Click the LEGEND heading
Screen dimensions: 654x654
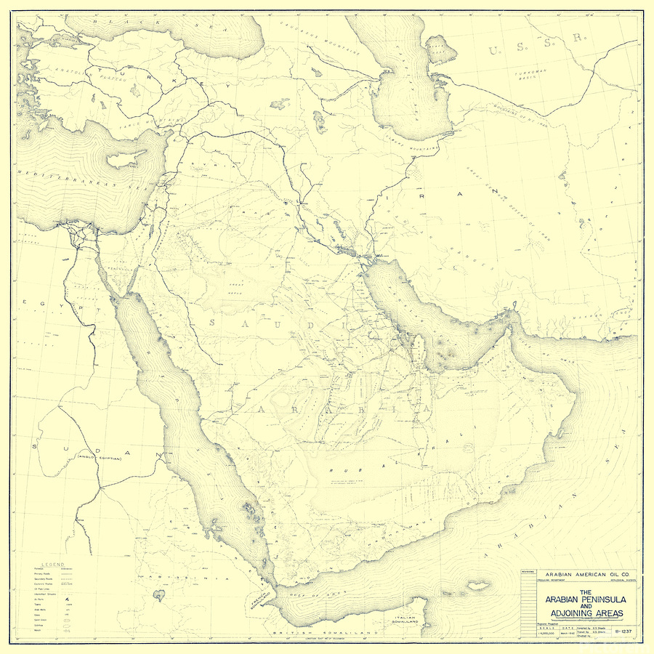click(52, 565)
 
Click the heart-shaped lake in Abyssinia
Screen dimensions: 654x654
click(158, 596)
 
